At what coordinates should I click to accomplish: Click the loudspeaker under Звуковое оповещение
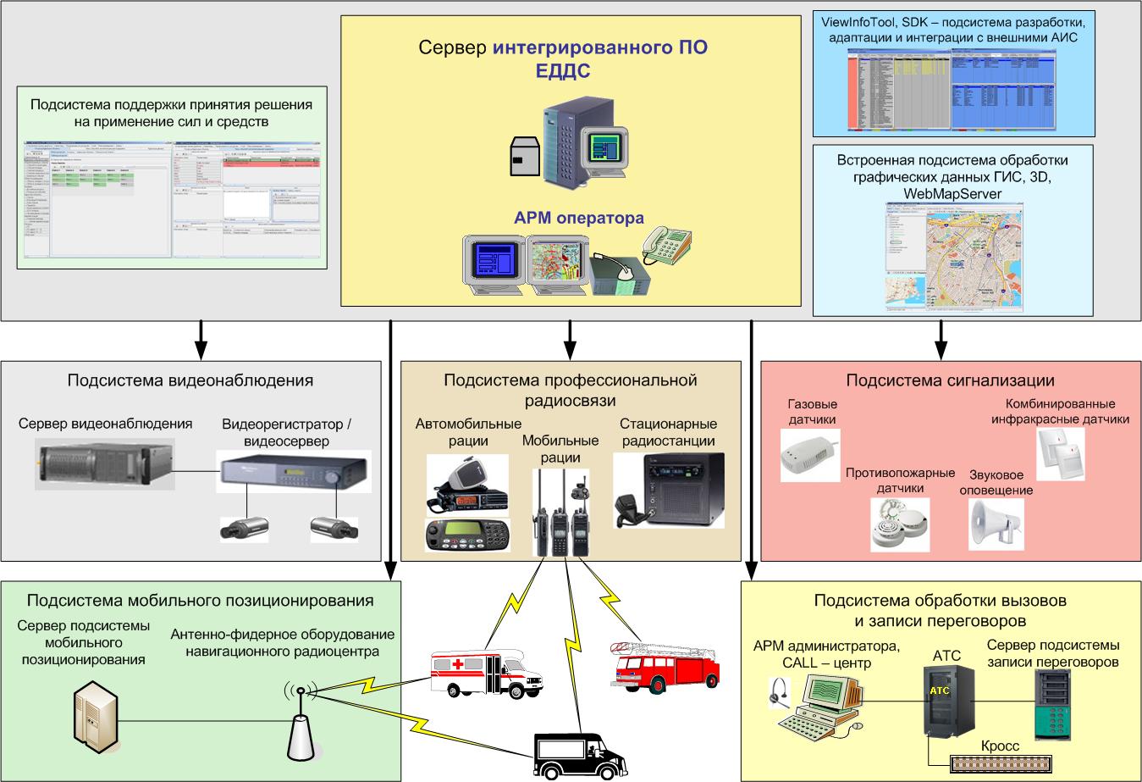coord(996,523)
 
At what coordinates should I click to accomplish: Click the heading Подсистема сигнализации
coord(950,380)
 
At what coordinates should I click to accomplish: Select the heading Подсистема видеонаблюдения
coord(190,380)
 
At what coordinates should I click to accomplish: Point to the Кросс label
coord(1000,746)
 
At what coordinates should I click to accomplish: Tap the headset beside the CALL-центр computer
coord(776,694)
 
